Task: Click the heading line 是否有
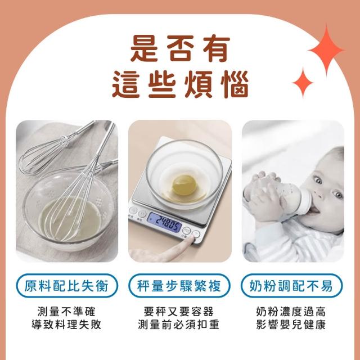180,49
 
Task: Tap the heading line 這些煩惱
181,84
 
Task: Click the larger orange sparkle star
326,50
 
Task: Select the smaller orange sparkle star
303,83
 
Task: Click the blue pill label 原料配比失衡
67,286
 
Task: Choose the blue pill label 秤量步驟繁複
179,286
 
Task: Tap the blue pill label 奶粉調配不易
291,286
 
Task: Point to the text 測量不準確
66,312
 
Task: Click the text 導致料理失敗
66,325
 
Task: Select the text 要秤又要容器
179,312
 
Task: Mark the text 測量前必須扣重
179,325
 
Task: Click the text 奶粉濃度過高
291,312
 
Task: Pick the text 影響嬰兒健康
291,325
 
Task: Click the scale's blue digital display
164,222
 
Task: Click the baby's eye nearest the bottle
318,179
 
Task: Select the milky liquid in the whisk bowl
70,219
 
